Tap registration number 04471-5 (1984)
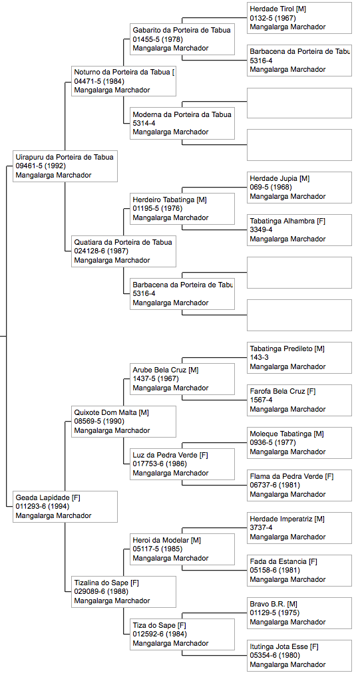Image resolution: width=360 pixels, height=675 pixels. (x=98, y=81)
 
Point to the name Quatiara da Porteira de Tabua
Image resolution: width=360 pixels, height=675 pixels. (x=123, y=242)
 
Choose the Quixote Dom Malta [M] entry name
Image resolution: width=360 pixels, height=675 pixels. (x=111, y=412)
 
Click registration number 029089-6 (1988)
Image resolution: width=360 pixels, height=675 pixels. (x=100, y=592)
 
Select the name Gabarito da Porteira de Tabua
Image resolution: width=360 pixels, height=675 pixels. (x=181, y=30)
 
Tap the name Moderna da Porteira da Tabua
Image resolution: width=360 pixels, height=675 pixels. (x=182, y=114)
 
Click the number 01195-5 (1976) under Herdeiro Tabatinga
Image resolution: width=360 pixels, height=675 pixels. (x=157, y=209)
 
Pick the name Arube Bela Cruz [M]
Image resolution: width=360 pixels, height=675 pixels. (x=166, y=370)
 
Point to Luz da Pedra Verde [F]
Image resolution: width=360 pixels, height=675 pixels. (x=170, y=455)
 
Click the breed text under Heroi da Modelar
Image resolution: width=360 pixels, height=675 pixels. (x=170, y=559)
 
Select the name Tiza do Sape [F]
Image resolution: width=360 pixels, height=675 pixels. (x=159, y=625)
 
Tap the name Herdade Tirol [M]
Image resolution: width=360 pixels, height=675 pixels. (x=277, y=9)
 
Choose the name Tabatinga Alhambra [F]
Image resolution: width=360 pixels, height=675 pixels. (x=287, y=221)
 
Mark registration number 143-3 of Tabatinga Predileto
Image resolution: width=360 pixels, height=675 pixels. (x=259, y=358)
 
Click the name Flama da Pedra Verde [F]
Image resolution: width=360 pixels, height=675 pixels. (x=291, y=476)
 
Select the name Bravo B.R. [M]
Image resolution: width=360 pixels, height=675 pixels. (x=273, y=604)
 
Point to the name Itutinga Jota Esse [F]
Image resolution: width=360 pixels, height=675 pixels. (x=284, y=646)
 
